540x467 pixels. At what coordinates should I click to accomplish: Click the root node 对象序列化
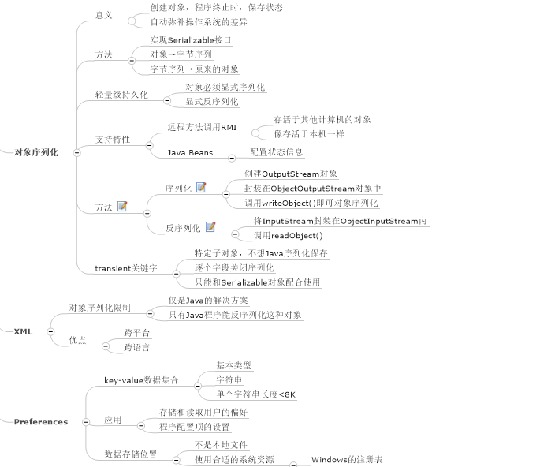(36, 153)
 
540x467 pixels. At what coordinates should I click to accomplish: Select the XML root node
(23, 332)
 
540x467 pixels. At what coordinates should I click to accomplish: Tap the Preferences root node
(41, 422)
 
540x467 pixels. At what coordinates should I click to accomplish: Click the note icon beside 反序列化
(210, 227)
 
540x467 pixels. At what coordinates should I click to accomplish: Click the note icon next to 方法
(122, 207)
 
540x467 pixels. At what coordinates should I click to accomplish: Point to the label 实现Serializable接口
(191, 39)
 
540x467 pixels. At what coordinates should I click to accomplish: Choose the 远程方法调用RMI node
(202, 127)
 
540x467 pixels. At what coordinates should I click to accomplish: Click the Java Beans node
(190, 153)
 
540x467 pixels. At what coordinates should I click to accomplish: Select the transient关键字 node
(126, 268)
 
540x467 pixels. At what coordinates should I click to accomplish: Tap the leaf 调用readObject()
(288, 235)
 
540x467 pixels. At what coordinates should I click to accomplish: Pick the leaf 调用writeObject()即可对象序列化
(311, 203)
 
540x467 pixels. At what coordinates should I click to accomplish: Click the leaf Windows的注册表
(347, 459)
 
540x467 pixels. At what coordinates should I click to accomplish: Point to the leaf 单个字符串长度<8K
(256, 394)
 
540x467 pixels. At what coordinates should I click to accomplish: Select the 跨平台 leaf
(137, 333)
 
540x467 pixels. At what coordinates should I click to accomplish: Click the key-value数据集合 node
(141, 380)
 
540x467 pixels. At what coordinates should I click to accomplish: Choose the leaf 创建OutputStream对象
(291, 174)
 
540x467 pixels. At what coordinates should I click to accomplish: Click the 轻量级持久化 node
(121, 95)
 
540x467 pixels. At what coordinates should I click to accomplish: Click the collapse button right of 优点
(105, 342)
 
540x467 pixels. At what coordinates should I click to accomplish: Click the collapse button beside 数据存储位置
(174, 455)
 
